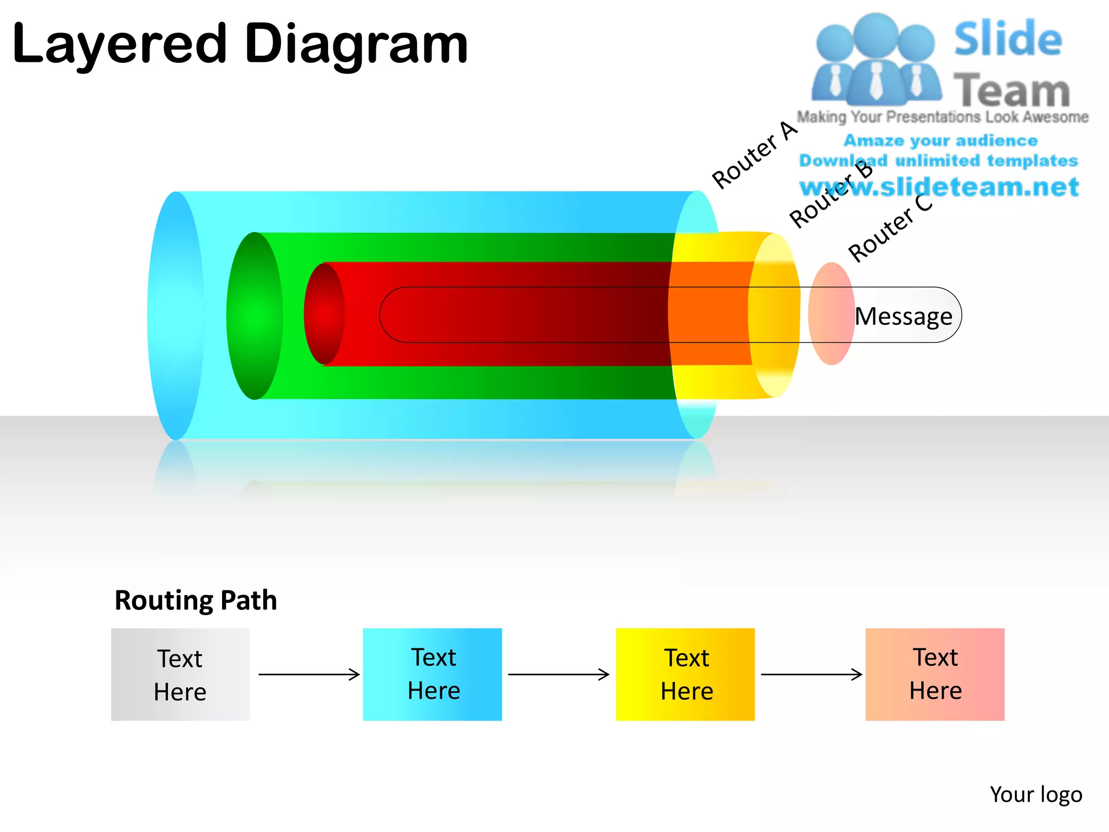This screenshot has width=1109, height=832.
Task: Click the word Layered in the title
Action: coord(119,44)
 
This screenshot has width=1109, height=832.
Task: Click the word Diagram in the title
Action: coord(356,44)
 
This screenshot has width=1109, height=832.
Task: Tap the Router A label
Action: coord(754,155)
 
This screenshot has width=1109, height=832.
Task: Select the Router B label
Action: coord(831,195)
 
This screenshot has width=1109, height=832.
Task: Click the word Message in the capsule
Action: coord(903,316)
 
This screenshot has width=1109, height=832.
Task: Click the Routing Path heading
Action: coord(195,601)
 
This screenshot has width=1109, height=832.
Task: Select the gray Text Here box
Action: coord(180,674)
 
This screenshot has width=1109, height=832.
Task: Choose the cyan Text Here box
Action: coord(432,674)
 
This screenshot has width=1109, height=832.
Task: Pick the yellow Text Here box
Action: coord(685,674)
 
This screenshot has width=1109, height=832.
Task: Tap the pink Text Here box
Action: coord(935,674)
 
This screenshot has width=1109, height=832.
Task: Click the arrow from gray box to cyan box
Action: coord(309,674)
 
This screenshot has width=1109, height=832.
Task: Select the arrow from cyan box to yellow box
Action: coord(558,674)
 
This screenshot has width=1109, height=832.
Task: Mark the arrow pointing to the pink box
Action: coord(811,674)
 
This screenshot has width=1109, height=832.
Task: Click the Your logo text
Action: coord(1035,795)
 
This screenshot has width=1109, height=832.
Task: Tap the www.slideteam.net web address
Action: coord(939,187)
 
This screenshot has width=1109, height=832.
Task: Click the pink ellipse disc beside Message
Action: coord(831,314)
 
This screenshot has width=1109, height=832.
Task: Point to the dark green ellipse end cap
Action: coord(255,316)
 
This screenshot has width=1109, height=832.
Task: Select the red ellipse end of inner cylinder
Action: coord(324,314)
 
